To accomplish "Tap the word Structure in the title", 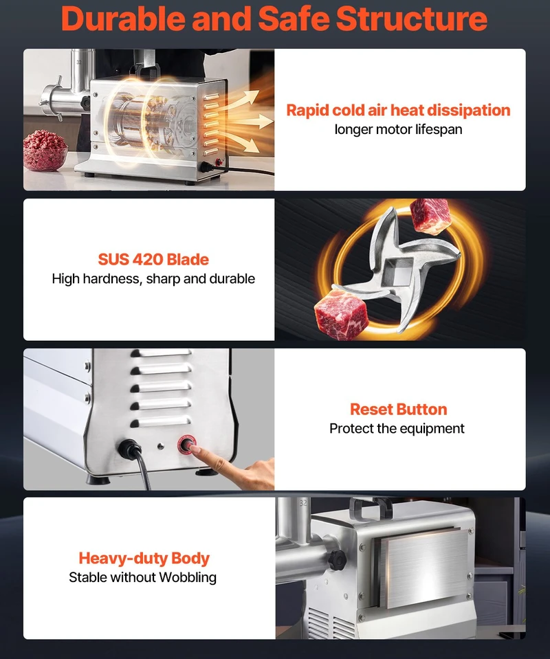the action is coord(412,19).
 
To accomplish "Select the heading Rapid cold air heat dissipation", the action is coord(398,110).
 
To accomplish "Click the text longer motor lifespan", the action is coord(398,129).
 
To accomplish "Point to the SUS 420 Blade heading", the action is coord(153,259).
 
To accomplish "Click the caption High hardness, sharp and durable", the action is coord(153,278).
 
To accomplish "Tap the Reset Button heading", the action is coord(399,410).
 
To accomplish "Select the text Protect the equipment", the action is coord(397,428).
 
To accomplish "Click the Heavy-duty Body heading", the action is coord(144,558).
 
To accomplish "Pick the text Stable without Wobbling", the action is coord(142,577).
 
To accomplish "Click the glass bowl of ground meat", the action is coord(45,150).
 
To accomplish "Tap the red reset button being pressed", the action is coord(186,444).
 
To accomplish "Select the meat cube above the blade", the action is coord(430,216).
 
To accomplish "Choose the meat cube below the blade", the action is coord(342,314).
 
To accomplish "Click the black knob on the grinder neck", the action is coord(338,560).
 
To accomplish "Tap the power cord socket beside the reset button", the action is coord(129,449).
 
